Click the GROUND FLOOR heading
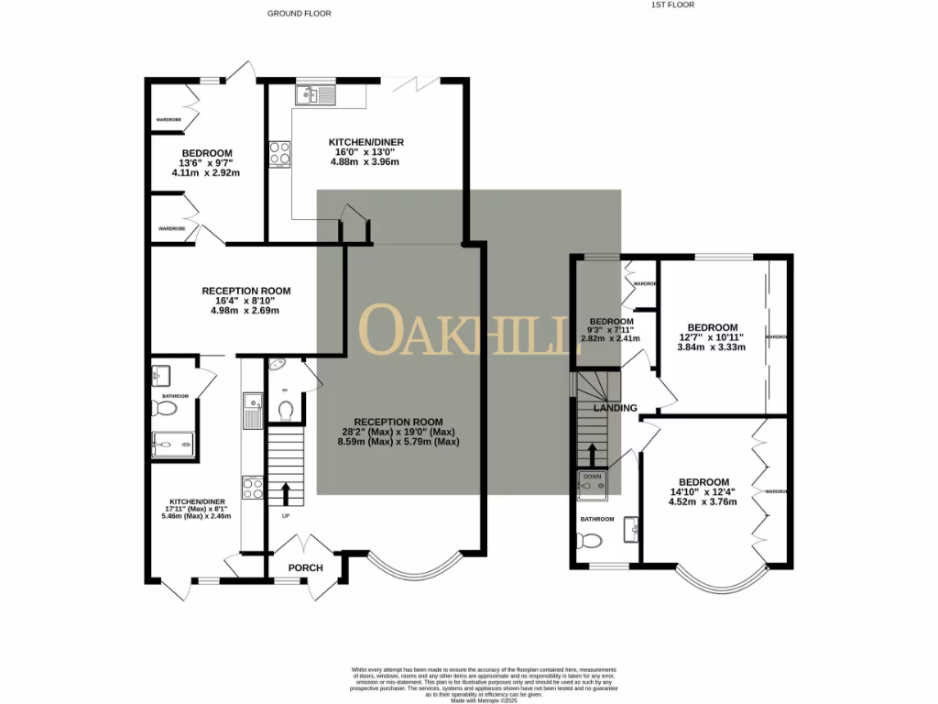point(299,14)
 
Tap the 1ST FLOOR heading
point(672,5)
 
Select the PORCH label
point(305,567)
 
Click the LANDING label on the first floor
point(615,408)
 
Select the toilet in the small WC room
point(285,408)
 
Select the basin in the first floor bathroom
point(630,529)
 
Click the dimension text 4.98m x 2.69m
point(240,310)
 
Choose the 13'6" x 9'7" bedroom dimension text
point(206,163)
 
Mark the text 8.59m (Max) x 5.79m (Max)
point(398,442)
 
